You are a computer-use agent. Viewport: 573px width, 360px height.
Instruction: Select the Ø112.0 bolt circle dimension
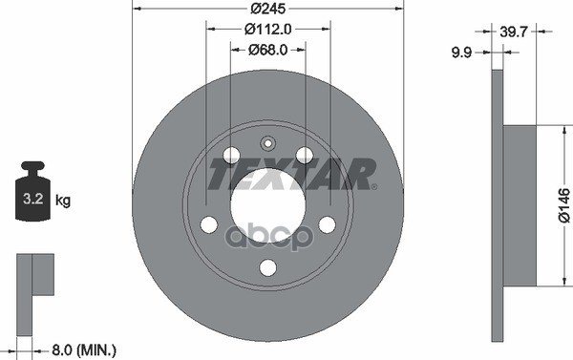(x=267, y=32)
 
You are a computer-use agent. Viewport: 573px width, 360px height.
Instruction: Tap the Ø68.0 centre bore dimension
(x=267, y=50)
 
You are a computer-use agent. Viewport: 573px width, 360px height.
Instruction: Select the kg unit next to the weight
(x=63, y=201)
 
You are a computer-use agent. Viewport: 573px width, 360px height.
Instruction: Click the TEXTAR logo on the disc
(x=292, y=174)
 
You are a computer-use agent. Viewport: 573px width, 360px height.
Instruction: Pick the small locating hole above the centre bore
(x=267, y=144)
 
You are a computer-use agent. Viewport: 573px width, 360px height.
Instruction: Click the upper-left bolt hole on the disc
(x=231, y=155)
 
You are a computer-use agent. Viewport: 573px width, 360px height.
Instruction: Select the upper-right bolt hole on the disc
(x=305, y=155)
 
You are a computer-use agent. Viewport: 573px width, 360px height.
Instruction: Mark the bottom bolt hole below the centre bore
(x=267, y=267)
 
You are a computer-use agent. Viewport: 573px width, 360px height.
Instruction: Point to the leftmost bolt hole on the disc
(x=208, y=224)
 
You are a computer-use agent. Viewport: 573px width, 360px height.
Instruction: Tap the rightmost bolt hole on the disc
(x=327, y=224)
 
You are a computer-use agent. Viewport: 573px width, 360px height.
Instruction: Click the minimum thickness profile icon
(x=34, y=278)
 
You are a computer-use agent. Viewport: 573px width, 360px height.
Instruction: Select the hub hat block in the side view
(x=520, y=204)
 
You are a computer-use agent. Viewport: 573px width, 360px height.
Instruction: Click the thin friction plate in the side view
(x=497, y=204)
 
